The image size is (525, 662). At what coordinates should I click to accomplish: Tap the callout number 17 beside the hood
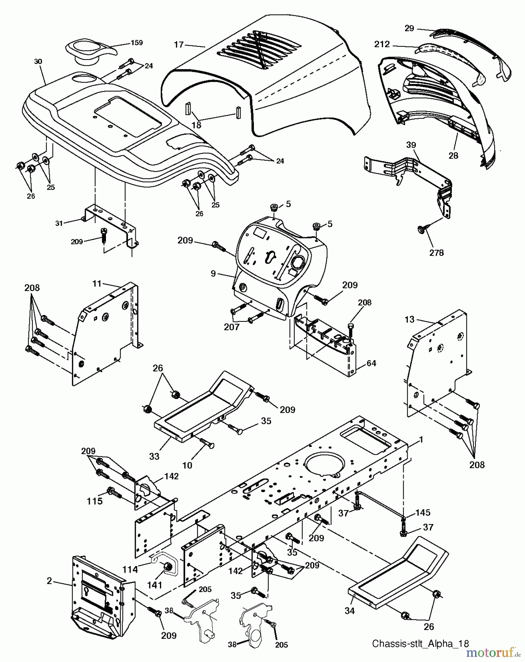coord(179,45)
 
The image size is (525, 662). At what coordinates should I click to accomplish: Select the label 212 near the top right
coord(382,45)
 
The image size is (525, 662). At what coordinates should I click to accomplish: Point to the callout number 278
coord(436,253)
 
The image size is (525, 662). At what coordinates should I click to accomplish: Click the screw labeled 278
coord(421,229)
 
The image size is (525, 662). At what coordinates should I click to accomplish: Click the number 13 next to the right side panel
coord(409,320)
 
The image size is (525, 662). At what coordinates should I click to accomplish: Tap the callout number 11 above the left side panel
coord(96,284)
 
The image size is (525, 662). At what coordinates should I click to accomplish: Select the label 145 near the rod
coord(423,512)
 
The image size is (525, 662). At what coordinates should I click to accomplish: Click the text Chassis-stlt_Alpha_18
coord(421,644)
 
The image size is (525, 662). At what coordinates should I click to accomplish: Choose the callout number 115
coord(95,501)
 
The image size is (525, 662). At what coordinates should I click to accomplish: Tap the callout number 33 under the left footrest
coord(155,456)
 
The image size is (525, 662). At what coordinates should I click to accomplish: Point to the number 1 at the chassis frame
coord(421,440)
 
